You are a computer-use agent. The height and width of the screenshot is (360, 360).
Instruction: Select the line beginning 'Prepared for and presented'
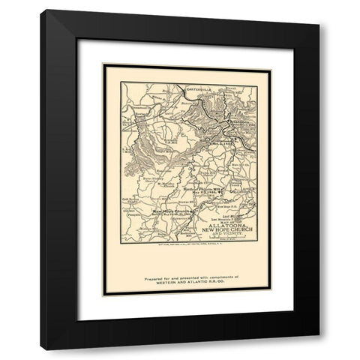pos(180,277)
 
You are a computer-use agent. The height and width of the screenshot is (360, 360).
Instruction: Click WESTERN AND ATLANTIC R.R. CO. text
pos(180,283)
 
